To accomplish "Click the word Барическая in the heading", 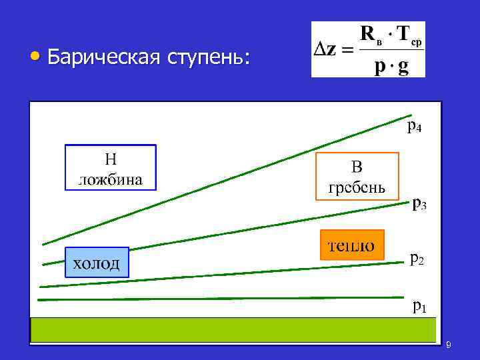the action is [x=103, y=58].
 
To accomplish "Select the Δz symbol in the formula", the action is [x=326, y=50].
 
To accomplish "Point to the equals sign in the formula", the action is [x=348, y=51].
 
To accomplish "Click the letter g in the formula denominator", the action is [x=403, y=68].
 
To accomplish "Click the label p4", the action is [x=414, y=125].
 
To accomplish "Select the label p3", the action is [x=419, y=203].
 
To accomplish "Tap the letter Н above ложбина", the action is [x=111, y=159].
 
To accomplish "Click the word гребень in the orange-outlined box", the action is [x=356, y=185].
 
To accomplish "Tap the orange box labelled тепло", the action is [x=352, y=245].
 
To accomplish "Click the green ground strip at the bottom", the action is [x=233, y=330].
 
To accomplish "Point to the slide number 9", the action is [x=449, y=345].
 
